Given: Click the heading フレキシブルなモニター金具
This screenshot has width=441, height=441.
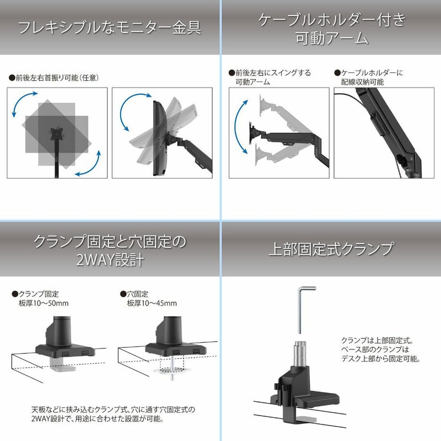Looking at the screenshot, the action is click(x=109, y=27).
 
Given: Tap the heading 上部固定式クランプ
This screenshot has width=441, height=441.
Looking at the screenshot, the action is click(x=331, y=249).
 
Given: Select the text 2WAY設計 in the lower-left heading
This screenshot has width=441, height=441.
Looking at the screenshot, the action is click(x=110, y=260).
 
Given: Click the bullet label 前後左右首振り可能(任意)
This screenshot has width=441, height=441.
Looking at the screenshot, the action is click(x=54, y=78).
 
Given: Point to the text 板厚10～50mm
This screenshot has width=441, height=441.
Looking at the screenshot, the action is click(x=44, y=303).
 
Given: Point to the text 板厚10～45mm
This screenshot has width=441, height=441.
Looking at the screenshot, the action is click(x=152, y=303).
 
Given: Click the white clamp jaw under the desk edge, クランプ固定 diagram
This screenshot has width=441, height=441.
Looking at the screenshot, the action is click(x=63, y=364).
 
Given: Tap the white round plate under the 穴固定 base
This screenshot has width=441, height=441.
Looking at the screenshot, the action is click(x=172, y=370).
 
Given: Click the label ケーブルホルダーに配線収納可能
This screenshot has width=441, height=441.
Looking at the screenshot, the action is click(x=369, y=77).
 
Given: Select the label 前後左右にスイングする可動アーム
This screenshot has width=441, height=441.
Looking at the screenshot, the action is click(x=270, y=77).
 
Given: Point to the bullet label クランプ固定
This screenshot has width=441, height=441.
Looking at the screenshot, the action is click(x=35, y=294).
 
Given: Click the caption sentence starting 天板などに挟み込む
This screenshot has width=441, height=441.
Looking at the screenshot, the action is click(x=113, y=414).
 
